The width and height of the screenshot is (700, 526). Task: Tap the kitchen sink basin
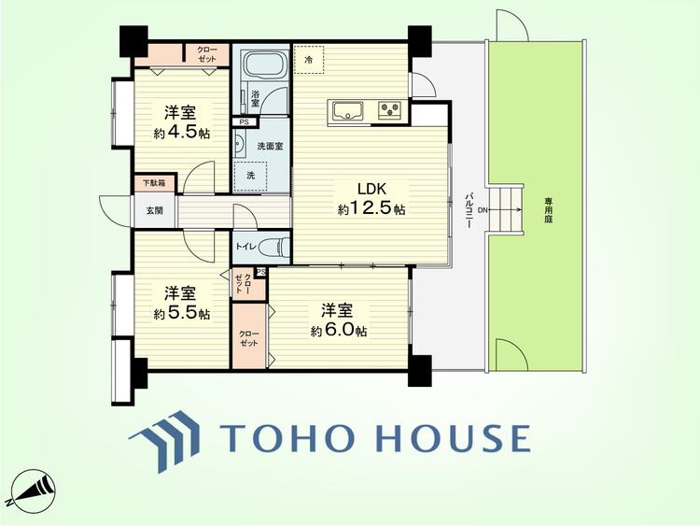tap(348, 110)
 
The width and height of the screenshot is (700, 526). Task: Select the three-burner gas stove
tap(389, 110)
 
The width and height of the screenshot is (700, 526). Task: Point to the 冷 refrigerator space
tap(309, 60)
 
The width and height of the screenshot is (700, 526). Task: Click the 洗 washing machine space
tap(251, 176)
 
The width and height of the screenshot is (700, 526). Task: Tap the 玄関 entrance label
tap(155, 210)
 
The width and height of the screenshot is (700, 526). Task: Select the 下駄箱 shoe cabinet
tap(155, 183)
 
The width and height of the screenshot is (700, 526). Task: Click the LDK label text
tap(371, 189)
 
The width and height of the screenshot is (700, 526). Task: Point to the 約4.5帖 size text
tap(182, 133)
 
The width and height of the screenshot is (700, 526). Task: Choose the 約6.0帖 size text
tap(340, 330)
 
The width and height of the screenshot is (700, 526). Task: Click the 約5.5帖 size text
tap(182, 313)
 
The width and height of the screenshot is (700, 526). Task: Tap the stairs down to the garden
tap(506, 208)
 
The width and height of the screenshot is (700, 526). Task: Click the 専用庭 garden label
tap(548, 210)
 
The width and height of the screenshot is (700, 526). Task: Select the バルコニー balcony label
tap(469, 210)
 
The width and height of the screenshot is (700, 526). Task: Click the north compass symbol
tap(33, 490)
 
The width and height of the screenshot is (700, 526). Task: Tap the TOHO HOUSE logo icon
tap(164, 441)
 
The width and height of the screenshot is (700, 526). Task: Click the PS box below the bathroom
tap(245, 122)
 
